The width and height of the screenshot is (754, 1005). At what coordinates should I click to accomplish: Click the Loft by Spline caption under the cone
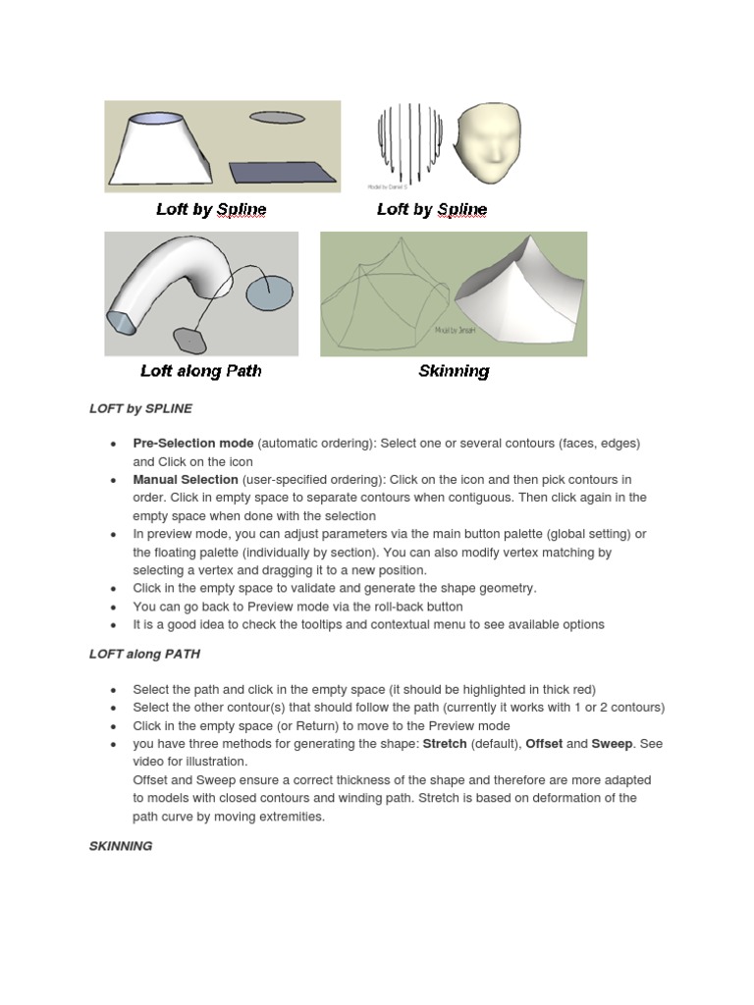click(x=211, y=209)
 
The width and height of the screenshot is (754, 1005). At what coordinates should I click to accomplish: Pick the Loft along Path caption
click(x=201, y=371)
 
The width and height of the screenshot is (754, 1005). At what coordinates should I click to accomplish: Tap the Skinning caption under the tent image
click(x=454, y=371)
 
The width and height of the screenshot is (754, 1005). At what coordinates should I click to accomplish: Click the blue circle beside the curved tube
click(x=270, y=292)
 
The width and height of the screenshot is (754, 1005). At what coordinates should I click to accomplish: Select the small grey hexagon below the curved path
click(x=188, y=339)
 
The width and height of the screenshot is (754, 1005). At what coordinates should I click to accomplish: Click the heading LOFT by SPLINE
click(x=140, y=407)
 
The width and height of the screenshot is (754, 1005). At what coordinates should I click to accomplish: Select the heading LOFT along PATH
click(x=144, y=654)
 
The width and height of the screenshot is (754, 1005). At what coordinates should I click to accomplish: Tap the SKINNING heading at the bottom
click(x=121, y=845)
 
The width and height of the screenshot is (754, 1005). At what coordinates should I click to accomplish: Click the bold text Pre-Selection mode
click(x=193, y=444)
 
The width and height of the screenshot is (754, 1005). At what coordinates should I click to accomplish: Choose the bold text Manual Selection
click(x=186, y=480)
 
